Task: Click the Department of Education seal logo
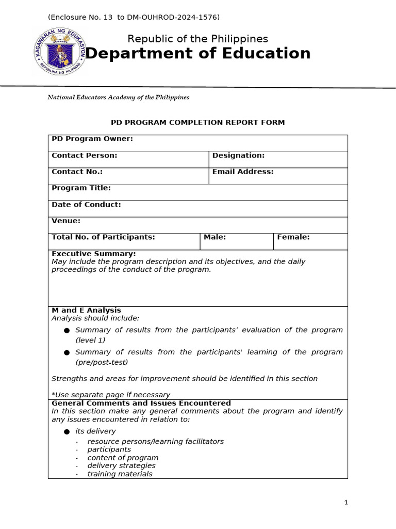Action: point(59,52)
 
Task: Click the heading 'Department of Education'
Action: point(197,53)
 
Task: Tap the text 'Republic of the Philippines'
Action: point(197,39)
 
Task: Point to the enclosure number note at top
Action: point(134,18)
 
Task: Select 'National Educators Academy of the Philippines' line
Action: point(118,97)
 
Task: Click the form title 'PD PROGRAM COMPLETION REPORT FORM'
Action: point(197,122)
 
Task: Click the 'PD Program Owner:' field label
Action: point(92,139)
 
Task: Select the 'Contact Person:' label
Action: point(85,155)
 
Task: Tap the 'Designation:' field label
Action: point(238,155)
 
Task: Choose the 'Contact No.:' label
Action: point(77,172)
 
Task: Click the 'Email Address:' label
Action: point(243,172)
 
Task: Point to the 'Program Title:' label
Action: point(81,188)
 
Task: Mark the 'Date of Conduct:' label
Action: point(86,205)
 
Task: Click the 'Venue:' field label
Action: point(66,221)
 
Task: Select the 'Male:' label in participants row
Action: point(214,237)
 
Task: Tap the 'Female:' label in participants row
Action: point(293,237)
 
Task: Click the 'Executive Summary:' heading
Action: point(94,254)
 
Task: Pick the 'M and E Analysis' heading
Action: point(86,310)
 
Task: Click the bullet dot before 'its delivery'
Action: point(67,431)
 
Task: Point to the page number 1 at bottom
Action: point(346,502)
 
